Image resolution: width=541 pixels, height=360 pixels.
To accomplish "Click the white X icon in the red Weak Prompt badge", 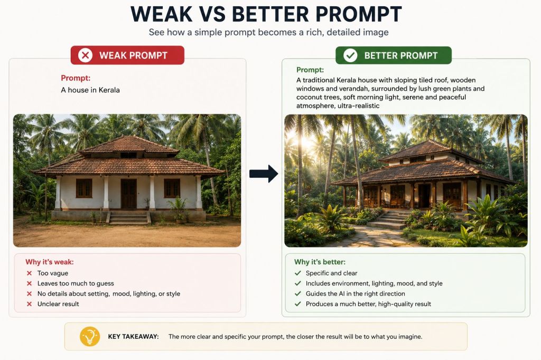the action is pos(85,55).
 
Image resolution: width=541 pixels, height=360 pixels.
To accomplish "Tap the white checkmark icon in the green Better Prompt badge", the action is pos(350,55).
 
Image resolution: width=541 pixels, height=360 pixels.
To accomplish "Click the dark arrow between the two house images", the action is pos(264,174).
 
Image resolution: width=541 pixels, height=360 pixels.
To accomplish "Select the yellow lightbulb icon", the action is pos(90,336).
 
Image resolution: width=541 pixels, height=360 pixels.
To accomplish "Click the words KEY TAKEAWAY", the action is pos(134,337).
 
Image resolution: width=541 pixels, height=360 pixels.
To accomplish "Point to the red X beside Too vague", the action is pos(30,273).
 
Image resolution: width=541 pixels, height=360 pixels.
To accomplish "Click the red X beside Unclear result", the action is pos(30,304).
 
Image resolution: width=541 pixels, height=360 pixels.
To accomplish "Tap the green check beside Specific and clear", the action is pos(298,273).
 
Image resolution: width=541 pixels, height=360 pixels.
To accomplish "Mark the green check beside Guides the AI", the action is pos(298,294).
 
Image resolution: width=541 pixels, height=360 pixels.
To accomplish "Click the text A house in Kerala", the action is pos(90,90).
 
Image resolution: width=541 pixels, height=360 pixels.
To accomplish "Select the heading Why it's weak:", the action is pos(50,262).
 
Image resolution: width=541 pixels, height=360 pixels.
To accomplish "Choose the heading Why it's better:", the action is pos(320,262).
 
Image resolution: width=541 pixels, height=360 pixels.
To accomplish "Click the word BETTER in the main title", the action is pos(270,14).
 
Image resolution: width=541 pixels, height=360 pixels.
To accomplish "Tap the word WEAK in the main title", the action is pos(162,14).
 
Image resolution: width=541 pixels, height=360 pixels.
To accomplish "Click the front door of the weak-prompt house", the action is pos(129,193).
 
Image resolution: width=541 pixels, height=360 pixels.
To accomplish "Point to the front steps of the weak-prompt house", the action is pos(129,218).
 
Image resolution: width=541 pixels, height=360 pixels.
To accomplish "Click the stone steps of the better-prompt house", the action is pos(388,220).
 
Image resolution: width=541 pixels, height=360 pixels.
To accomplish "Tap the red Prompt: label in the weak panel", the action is pos(76,78).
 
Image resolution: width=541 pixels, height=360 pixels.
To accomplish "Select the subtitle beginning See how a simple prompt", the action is pos(268,32).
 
